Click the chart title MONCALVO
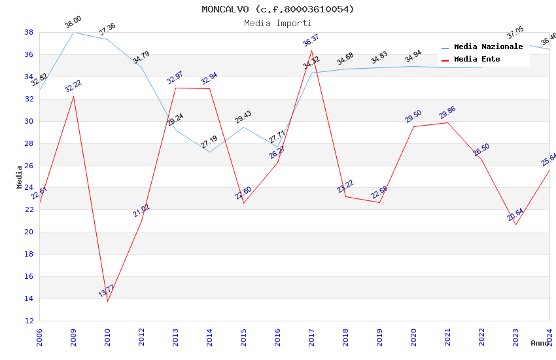[278, 9]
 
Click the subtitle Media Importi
[278, 23]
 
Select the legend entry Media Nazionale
[488, 47]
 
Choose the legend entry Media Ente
[477, 60]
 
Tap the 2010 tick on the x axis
[107, 338]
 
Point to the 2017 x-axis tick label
[311, 338]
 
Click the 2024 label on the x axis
[549, 338]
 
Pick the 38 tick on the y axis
[29, 32]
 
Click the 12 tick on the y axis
[29, 321]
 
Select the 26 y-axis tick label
[29, 166]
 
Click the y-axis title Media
[20, 177]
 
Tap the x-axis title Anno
[540, 343]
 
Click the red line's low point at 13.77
[107, 301]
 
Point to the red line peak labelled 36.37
[311, 50]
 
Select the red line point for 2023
[515, 225]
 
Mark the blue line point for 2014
[209, 153]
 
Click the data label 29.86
[447, 113]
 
